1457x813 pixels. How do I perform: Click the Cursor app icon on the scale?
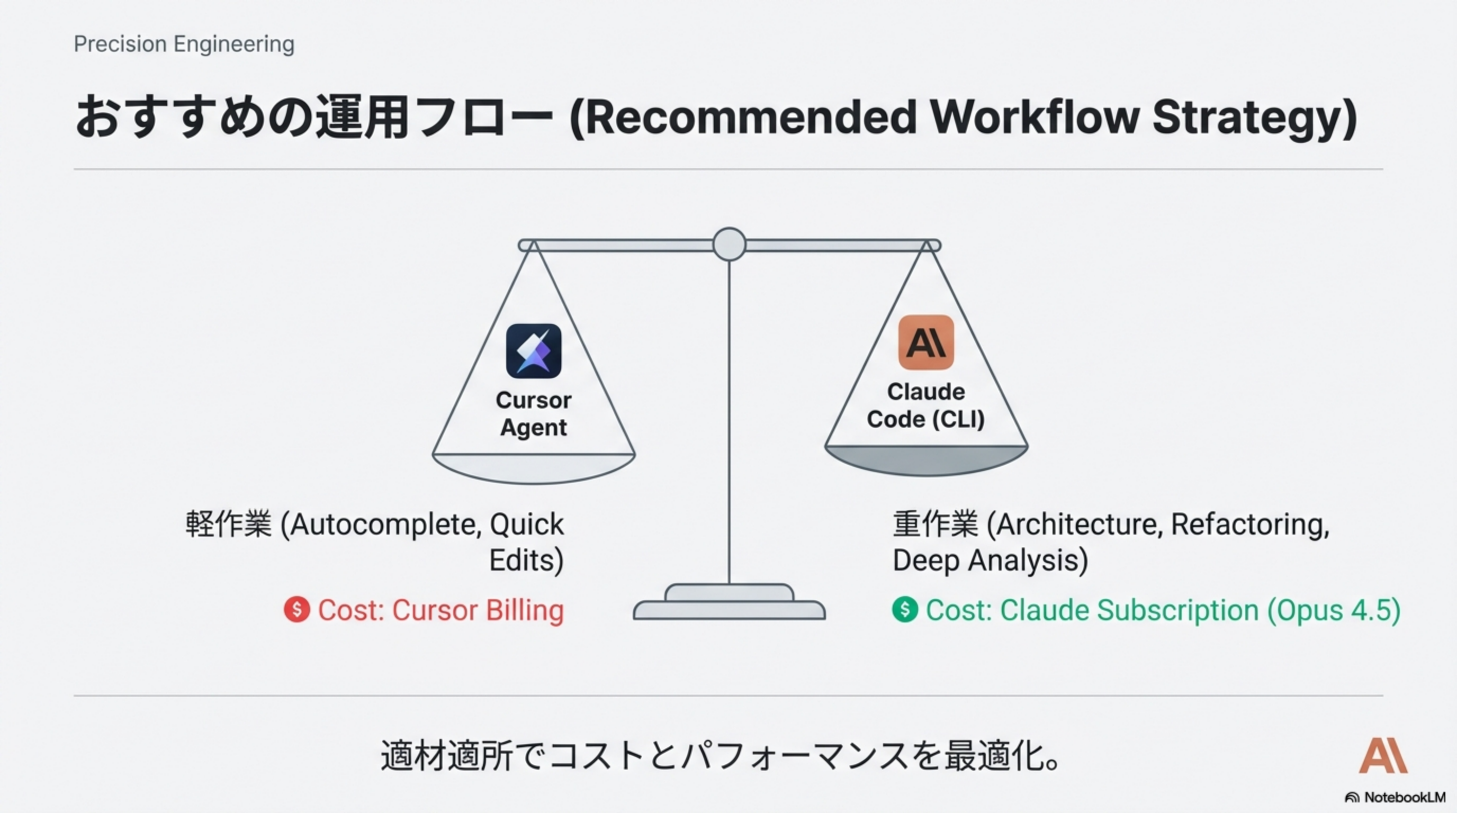533,350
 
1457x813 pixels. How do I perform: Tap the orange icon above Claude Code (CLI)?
926,342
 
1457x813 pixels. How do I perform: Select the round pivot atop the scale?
729,244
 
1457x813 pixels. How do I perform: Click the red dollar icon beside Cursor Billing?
297,609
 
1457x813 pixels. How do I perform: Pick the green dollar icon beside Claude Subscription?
905,609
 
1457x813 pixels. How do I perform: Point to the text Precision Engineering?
184,44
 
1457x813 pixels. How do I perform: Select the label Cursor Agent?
533,414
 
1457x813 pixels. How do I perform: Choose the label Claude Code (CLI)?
926,405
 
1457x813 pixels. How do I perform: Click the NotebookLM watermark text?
1405,797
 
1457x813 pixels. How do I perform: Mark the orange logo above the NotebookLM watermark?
1383,755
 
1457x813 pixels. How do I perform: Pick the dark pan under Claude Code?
926,460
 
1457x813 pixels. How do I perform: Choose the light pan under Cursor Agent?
533,468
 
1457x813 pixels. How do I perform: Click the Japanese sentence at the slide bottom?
720,756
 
